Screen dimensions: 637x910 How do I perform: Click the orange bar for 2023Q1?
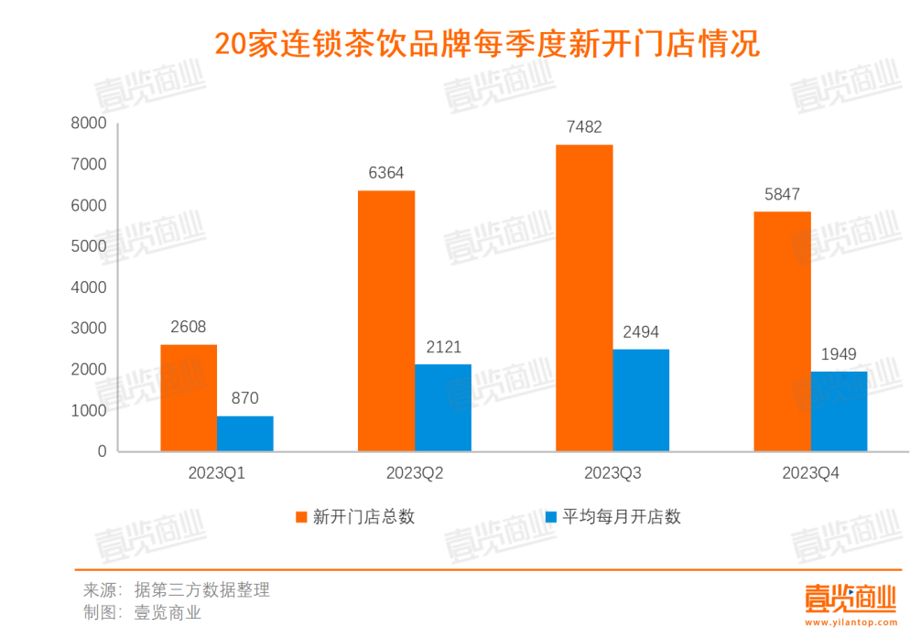coord(189,398)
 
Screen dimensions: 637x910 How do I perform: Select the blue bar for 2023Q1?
coord(245,434)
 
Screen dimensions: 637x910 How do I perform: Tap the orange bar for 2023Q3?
coord(584,297)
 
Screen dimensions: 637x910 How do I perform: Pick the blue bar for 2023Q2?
coord(443,408)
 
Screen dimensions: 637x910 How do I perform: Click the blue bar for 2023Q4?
coord(839,411)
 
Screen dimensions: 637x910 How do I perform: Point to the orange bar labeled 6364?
coord(386,320)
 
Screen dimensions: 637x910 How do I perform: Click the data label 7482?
coord(584,127)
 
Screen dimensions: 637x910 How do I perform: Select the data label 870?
coord(245,398)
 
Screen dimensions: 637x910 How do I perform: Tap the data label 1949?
coord(839,353)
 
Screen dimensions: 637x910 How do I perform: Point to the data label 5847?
coord(782,194)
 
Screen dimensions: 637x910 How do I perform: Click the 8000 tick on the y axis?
coord(90,124)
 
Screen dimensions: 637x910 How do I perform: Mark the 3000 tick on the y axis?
coord(90,329)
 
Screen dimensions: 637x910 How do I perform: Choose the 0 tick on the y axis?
coord(102,452)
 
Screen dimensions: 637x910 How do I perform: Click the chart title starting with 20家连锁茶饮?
coord(487,43)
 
